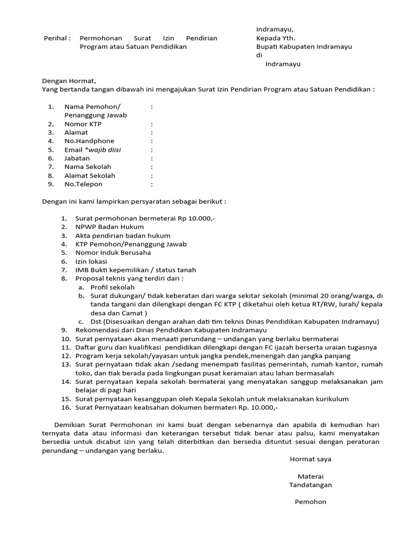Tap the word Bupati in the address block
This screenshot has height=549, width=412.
[268, 47]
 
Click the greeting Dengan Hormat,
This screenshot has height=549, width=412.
[69, 81]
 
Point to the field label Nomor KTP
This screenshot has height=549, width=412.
[83, 124]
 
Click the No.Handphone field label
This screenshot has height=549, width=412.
[89, 141]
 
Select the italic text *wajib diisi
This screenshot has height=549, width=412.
[103, 150]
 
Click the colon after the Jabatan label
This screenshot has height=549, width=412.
[152, 158]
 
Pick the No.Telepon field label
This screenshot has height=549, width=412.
[83, 184]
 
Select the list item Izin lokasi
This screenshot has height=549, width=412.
[91, 261]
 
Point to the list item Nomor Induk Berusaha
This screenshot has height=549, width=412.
[113, 253]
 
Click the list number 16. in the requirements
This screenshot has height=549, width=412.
[65, 407]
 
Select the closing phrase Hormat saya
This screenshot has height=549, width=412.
[310, 459]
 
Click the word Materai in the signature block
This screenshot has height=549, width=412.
[310, 476]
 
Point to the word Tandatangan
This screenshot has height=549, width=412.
[310, 485]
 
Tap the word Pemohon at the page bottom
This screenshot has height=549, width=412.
[310, 502]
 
